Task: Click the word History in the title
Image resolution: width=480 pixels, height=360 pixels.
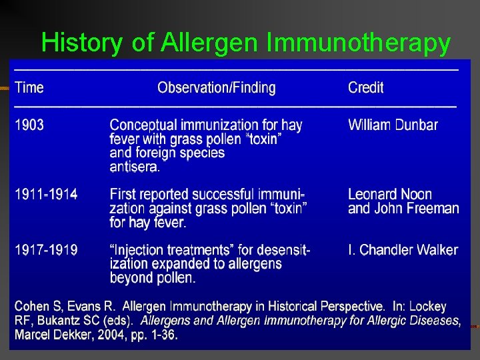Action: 82,43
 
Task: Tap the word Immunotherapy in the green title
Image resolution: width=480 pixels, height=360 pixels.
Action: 359,43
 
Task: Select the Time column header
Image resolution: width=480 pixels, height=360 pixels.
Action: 29,87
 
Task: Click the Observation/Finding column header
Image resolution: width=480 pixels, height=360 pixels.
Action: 217,87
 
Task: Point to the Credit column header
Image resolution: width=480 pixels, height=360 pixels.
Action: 365,87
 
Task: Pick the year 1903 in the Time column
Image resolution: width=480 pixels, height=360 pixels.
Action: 29,125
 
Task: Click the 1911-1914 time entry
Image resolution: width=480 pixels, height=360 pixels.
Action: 46,195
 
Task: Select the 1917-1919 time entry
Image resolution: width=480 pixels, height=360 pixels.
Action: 46,250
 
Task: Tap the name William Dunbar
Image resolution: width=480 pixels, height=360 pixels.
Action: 393,125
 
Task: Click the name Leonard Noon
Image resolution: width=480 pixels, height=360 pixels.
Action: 390,195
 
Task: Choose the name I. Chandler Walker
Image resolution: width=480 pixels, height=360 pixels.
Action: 403,250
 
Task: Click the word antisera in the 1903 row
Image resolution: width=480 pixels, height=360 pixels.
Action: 134,167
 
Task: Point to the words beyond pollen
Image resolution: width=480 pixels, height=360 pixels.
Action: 152,278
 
